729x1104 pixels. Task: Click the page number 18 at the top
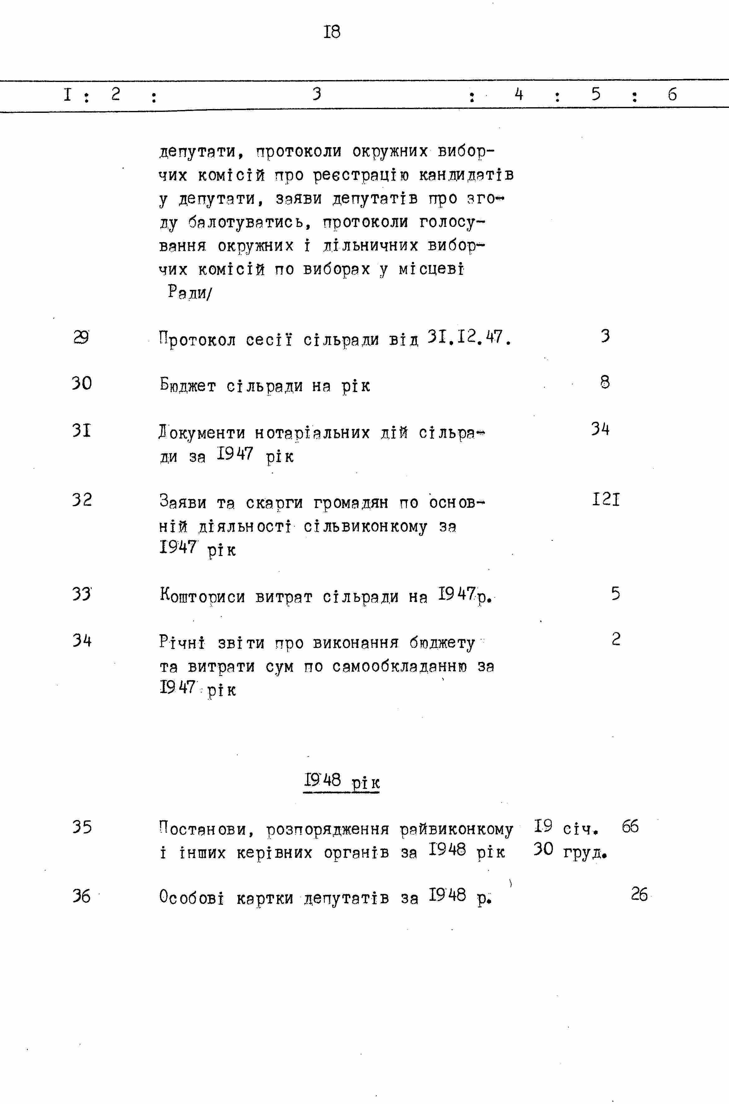tap(332, 32)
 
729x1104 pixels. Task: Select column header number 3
tap(316, 94)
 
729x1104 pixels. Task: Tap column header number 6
tap(672, 95)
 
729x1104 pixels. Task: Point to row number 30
tap(82, 383)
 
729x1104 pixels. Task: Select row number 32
tap(82, 500)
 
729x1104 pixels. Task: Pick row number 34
tap(82, 641)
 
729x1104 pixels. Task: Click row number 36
tap(81, 896)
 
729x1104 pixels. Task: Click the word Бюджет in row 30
tap(188, 385)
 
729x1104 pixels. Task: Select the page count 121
tap(606, 500)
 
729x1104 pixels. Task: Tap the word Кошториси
tap(202, 595)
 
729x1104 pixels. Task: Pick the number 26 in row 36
tap(639, 894)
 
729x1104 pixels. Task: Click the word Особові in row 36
tap(191, 896)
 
